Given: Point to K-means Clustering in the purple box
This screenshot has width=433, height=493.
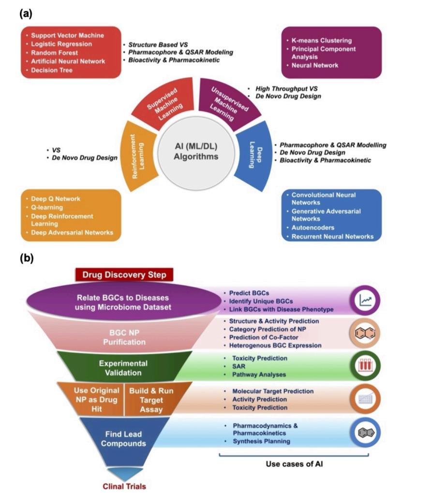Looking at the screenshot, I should tap(321, 41).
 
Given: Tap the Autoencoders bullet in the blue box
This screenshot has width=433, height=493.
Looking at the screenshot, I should tap(314, 227).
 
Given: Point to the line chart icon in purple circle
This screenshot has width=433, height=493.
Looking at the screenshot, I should tap(366, 300).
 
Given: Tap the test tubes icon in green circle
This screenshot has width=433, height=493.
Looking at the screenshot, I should tap(366, 366).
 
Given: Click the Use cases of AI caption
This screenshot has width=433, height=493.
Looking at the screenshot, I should tap(294, 463).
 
